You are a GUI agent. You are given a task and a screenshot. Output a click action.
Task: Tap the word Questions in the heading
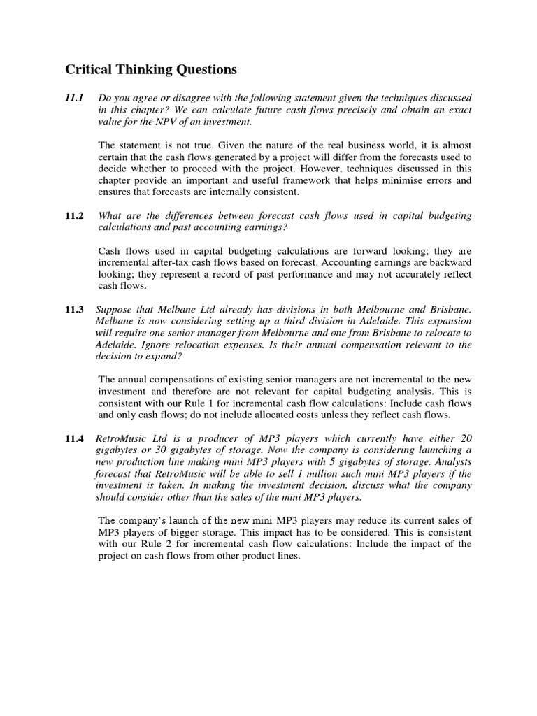point(203,69)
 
